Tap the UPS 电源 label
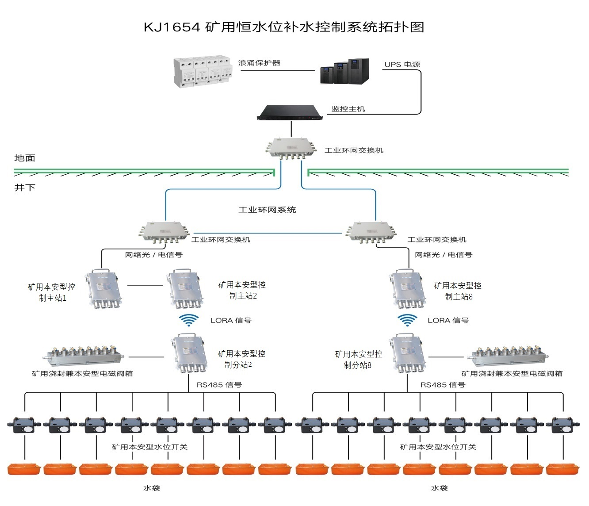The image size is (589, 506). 402,65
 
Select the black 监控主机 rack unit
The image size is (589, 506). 290,113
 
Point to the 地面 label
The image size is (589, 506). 25,158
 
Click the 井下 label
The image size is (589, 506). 25,188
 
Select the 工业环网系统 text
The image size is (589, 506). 267,210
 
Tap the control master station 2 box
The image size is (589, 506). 185,289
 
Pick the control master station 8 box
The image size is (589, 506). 407,289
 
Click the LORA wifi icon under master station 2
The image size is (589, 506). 189,320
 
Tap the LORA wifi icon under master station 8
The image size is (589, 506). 407,320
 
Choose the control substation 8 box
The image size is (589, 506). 407,354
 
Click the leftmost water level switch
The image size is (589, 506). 25,425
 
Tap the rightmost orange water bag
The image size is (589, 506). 563,469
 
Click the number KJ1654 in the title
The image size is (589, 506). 172,27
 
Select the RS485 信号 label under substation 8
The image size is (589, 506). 443,385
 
